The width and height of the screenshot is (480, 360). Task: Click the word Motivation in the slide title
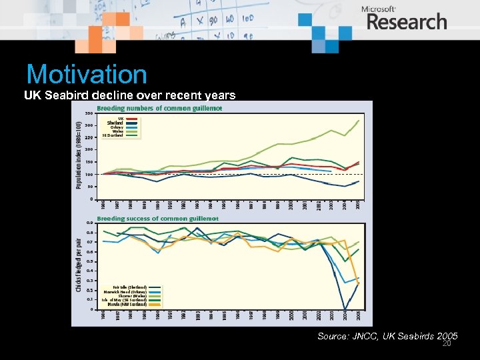(x=87, y=74)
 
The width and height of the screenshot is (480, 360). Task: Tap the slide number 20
(x=447, y=344)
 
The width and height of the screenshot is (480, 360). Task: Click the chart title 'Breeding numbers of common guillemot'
(x=159, y=108)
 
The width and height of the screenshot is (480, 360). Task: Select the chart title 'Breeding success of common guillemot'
(x=158, y=218)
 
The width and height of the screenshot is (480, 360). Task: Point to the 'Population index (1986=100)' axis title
(x=79, y=151)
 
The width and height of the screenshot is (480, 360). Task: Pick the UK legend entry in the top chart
(x=121, y=119)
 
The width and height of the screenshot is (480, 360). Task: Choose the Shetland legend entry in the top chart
(x=115, y=123)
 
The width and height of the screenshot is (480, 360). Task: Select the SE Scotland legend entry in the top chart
(x=112, y=135)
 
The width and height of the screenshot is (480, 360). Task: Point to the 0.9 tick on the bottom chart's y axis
(x=89, y=223)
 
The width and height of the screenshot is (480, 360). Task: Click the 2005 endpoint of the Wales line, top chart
(x=359, y=121)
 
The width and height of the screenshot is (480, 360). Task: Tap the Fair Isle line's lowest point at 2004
(x=345, y=309)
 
